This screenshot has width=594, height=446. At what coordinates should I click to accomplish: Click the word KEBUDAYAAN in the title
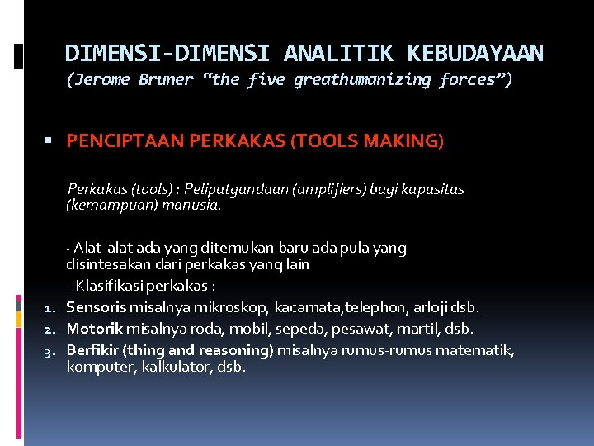[x=474, y=54]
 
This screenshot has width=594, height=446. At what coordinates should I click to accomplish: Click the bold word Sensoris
[x=96, y=307]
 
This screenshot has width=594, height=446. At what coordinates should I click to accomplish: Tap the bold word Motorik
[x=95, y=329]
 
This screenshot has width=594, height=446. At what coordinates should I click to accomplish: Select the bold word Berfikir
[x=92, y=350]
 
